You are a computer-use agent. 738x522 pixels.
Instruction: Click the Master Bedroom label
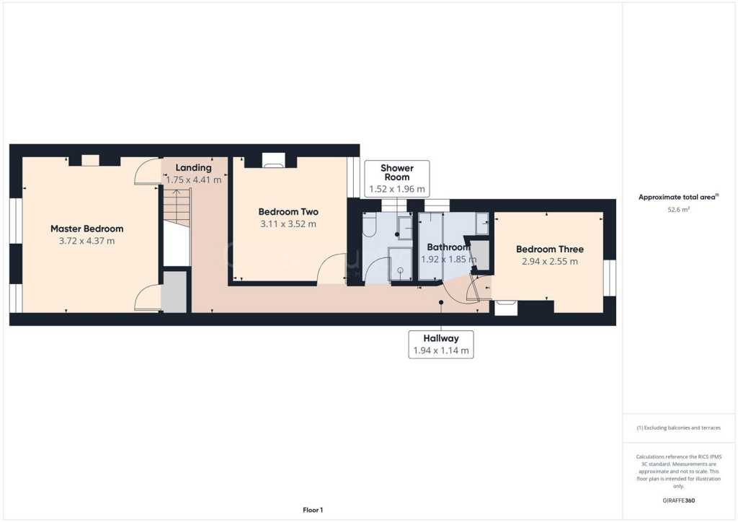(x=86, y=229)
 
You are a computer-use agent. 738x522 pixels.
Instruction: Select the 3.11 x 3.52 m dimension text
(x=288, y=224)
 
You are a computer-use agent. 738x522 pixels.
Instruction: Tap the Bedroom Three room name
(x=549, y=249)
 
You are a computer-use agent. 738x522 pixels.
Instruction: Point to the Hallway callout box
(x=442, y=344)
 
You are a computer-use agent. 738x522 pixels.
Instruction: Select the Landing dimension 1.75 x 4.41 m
(x=193, y=180)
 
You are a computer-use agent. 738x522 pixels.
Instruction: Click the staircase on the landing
(x=176, y=208)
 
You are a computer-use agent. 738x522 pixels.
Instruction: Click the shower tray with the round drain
(x=399, y=265)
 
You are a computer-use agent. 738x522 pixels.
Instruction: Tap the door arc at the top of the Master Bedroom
(x=146, y=172)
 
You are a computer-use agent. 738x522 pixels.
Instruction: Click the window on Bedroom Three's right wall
(x=610, y=278)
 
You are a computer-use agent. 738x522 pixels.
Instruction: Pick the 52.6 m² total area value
(x=679, y=211)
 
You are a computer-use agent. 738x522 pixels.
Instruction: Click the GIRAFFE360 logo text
(x=679, y=500)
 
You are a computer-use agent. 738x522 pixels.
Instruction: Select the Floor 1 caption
(x=313, y=510)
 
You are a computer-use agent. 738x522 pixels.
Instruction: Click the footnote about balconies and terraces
(x=678, y=428)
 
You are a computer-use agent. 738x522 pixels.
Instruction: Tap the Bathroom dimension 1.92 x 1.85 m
(x=448, y=259)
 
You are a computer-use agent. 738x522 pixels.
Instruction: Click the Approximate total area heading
(x=677, y=197)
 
